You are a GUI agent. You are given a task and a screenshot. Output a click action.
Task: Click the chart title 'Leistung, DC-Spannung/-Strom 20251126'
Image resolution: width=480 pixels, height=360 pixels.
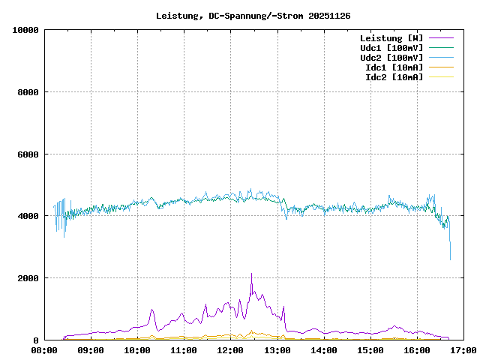click(253, 16)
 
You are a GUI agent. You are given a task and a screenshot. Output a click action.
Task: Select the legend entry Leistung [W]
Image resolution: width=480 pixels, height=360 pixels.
click(391, 38)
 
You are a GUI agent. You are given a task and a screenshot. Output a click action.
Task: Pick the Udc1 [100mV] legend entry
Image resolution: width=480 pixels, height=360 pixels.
click(391, 48)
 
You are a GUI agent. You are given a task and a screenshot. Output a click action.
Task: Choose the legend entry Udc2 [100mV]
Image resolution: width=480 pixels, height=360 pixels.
click(391, 58)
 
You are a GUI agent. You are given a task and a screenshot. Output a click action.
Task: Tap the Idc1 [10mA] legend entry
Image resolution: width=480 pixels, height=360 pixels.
click(394, 67)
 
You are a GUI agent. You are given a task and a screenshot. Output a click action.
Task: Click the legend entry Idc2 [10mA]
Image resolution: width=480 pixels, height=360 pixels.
click(394, 77)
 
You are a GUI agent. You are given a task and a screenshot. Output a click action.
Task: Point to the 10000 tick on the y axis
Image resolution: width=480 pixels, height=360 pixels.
click(25, 30)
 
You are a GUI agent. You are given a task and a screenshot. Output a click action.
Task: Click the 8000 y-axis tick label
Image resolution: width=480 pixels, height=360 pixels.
click(28, 92)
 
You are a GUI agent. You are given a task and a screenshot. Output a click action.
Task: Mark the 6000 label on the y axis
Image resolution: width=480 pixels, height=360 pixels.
click(28, 154)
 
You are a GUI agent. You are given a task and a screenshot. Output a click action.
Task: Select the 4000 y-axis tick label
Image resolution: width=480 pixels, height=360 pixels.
click(28, 216)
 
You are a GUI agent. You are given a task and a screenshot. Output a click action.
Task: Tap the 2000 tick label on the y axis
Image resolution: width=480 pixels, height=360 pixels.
click(28, 278)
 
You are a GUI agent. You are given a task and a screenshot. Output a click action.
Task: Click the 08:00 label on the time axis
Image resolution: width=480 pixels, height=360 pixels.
click(44, 350)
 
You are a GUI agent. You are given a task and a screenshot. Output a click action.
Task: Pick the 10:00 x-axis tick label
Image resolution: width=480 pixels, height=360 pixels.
click(137, 350)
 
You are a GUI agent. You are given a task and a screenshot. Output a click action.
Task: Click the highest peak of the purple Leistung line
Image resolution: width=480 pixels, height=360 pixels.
click(251, 274)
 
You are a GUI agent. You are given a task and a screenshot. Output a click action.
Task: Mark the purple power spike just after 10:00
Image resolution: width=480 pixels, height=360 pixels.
click(151, 310)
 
